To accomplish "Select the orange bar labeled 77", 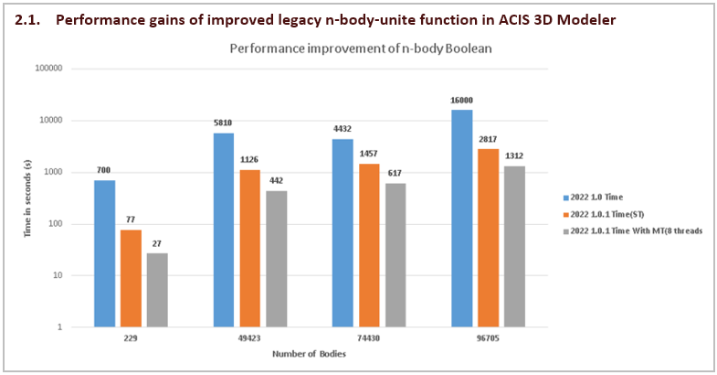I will [x=132, y=278].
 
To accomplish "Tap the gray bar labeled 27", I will [x=158, y=290].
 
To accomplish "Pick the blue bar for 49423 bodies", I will [x=224, y=230].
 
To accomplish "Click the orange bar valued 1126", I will [x=250, y=248].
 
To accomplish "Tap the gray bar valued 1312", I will [x=514, y=246].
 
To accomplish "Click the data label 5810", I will [x=224, y=123].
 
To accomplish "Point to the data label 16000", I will [x=461, y=101].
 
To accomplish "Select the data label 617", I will [x=395, y=173].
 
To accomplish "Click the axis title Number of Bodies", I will [x=307, y=354].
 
